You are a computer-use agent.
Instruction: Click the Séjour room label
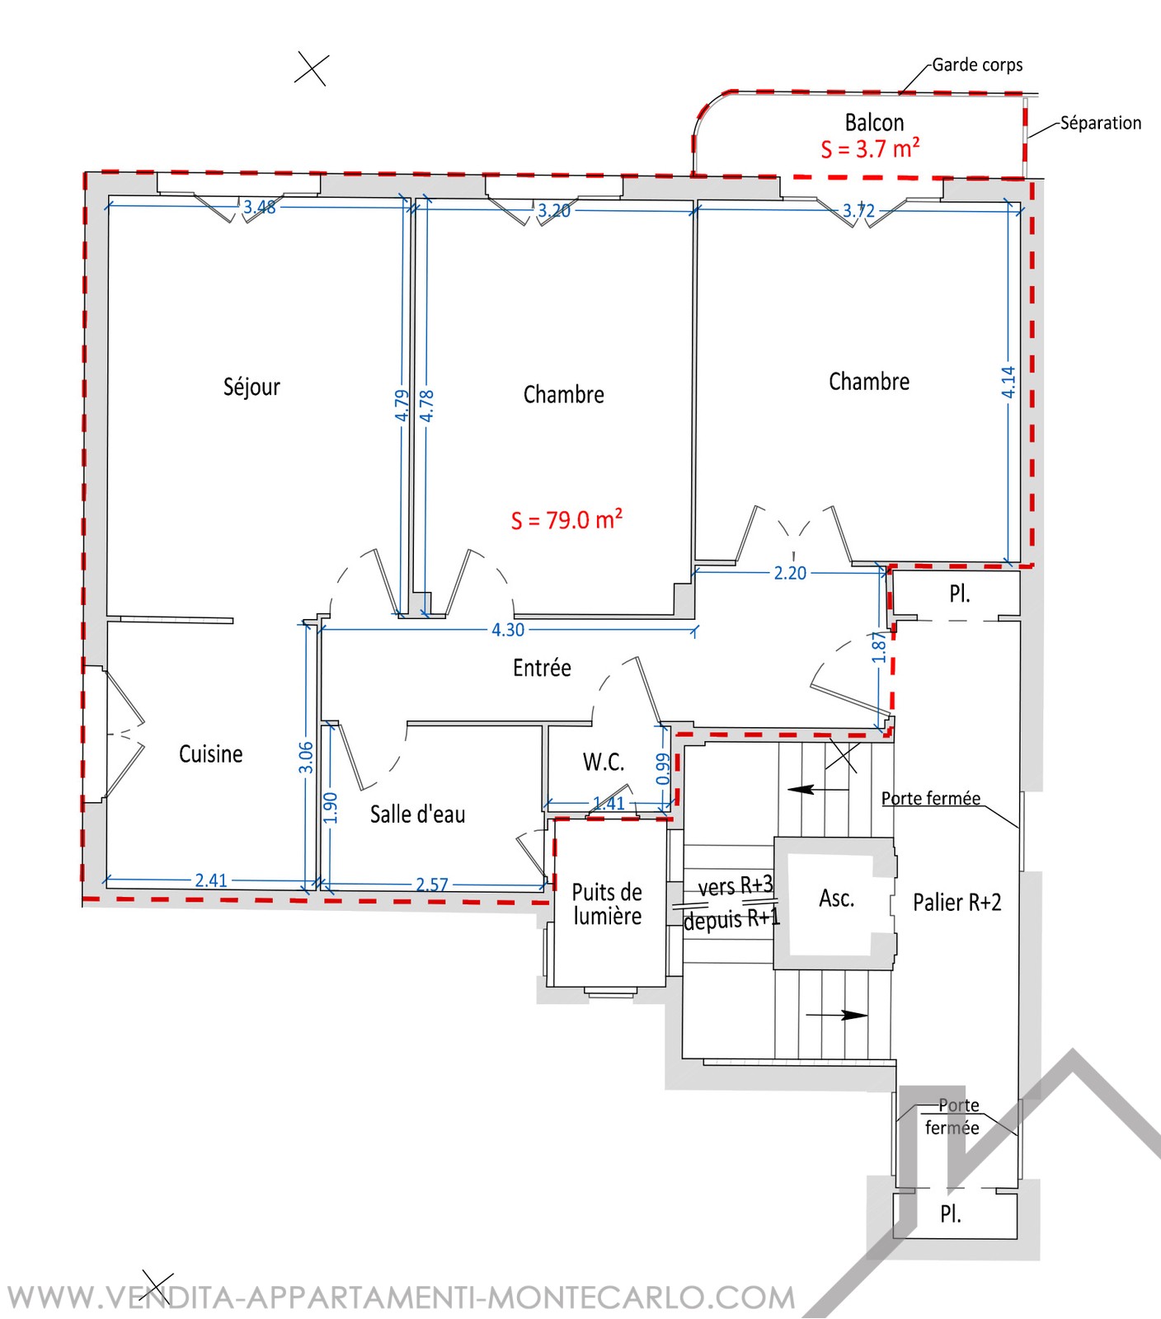[251, 387]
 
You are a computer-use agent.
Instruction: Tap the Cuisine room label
[211, 753]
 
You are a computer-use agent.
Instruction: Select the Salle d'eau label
[417, 814]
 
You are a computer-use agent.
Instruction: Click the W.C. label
[604, 762]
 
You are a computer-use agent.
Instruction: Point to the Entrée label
[542, 667]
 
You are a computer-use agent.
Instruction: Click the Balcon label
[874, 123]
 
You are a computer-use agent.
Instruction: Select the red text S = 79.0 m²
[566, 519]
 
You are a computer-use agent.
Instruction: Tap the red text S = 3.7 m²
[870, 148]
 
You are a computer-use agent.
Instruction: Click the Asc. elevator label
[836, 898]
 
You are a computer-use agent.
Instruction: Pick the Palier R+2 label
[957, 902]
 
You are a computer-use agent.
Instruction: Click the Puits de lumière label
[607, 904]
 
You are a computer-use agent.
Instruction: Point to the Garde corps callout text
[977, 65]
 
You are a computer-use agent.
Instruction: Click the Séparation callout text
[1101, 123]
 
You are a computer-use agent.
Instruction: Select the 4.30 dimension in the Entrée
[508, 630]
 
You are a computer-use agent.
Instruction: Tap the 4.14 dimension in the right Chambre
[1008, 383]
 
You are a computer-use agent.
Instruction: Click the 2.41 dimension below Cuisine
[211, 880]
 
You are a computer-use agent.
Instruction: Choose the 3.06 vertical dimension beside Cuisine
[306, 758]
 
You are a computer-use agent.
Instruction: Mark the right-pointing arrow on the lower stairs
[837, 1015]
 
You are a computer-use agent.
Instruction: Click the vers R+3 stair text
[736, 886]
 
